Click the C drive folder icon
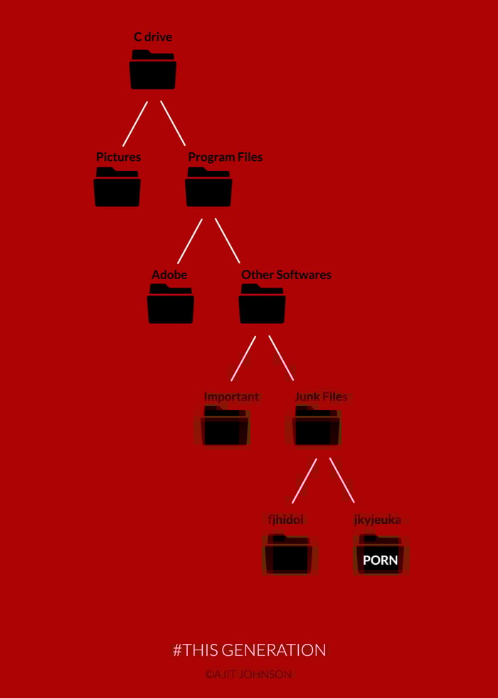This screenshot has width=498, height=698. point(153,70)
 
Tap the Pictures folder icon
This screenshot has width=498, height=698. point(117,187)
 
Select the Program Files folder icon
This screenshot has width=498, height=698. point(208,187)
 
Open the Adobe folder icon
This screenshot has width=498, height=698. point(171,303)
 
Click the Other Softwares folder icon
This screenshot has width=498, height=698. point(262,303)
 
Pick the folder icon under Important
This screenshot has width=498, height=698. point(225,426)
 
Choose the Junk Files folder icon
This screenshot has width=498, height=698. point(317,426)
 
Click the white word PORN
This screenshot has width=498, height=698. point(380,560)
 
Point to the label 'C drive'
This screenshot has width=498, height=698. point(153,37)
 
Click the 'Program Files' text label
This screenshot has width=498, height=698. point(226,157)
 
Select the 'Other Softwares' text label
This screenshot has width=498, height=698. point(286,275)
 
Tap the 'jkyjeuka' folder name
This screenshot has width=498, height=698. point(378,520)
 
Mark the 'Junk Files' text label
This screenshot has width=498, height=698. point(321,397)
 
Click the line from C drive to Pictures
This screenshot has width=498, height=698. point(135,124)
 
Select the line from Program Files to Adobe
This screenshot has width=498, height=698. point(190,241)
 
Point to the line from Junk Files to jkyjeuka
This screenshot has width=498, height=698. point(342,480)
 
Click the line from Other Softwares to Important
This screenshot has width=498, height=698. point(243,358)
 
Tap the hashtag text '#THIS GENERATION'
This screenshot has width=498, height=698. point(250,650)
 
